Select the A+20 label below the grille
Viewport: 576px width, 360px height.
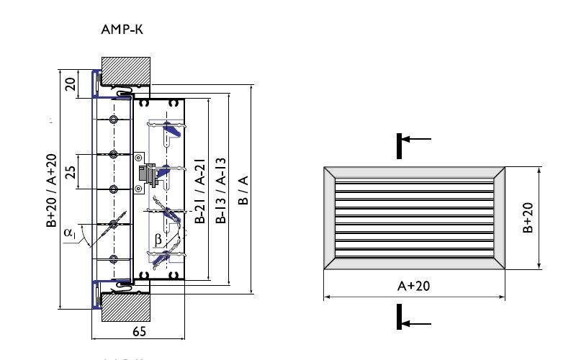point(413,286)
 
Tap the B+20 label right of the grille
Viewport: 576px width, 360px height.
point(528,217)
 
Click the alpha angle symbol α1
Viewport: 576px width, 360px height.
point(69,232)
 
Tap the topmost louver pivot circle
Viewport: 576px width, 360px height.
point(113,119)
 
